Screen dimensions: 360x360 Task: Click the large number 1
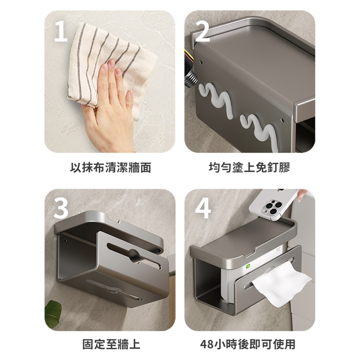(x=61, y=32)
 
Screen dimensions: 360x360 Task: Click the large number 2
(x=202, y=32)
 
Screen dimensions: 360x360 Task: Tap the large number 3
(x=61, y=208)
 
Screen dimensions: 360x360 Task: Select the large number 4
(x=203, y=208)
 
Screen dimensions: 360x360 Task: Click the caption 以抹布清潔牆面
(x=110, y=167)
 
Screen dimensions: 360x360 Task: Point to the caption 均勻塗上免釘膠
(x=250, y=167)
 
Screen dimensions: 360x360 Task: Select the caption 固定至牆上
(x=111, y=344)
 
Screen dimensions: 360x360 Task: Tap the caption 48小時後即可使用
(x=248, y=344)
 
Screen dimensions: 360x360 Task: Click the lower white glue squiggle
(x=260, y=131)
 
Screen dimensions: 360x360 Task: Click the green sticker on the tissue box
(x=248, y=266)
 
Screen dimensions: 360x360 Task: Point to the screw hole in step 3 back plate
(x=66, y=241)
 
